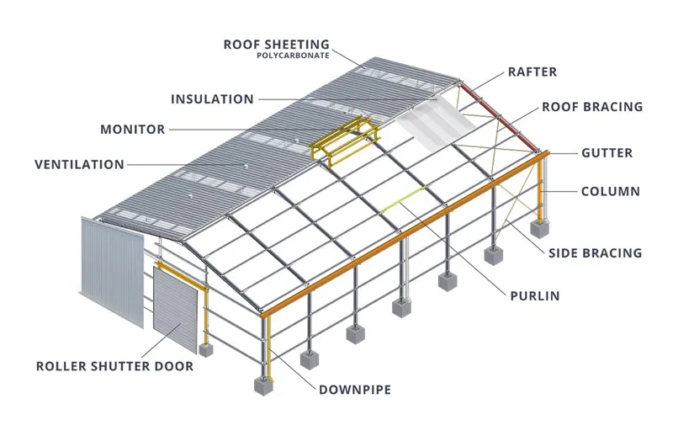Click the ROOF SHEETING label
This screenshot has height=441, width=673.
[x=276, y=44]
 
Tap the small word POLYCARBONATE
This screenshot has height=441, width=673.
[x=294, y=56]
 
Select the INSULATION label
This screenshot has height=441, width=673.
[x=212, y=99]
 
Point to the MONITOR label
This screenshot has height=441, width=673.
[x=132, y=130]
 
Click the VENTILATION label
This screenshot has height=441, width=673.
[x=79, y=164]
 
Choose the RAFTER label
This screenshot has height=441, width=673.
[x=533, y=72]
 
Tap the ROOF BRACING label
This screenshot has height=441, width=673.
[x=591, y=107]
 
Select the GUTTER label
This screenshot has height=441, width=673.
[x=607, y=153]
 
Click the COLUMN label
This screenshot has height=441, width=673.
[x=610, y=191]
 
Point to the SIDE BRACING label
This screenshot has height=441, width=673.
[x=595, y=252]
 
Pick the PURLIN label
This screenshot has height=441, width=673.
[x=534, y=296]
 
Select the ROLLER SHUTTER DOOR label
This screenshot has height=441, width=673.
[x=114, y=366]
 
